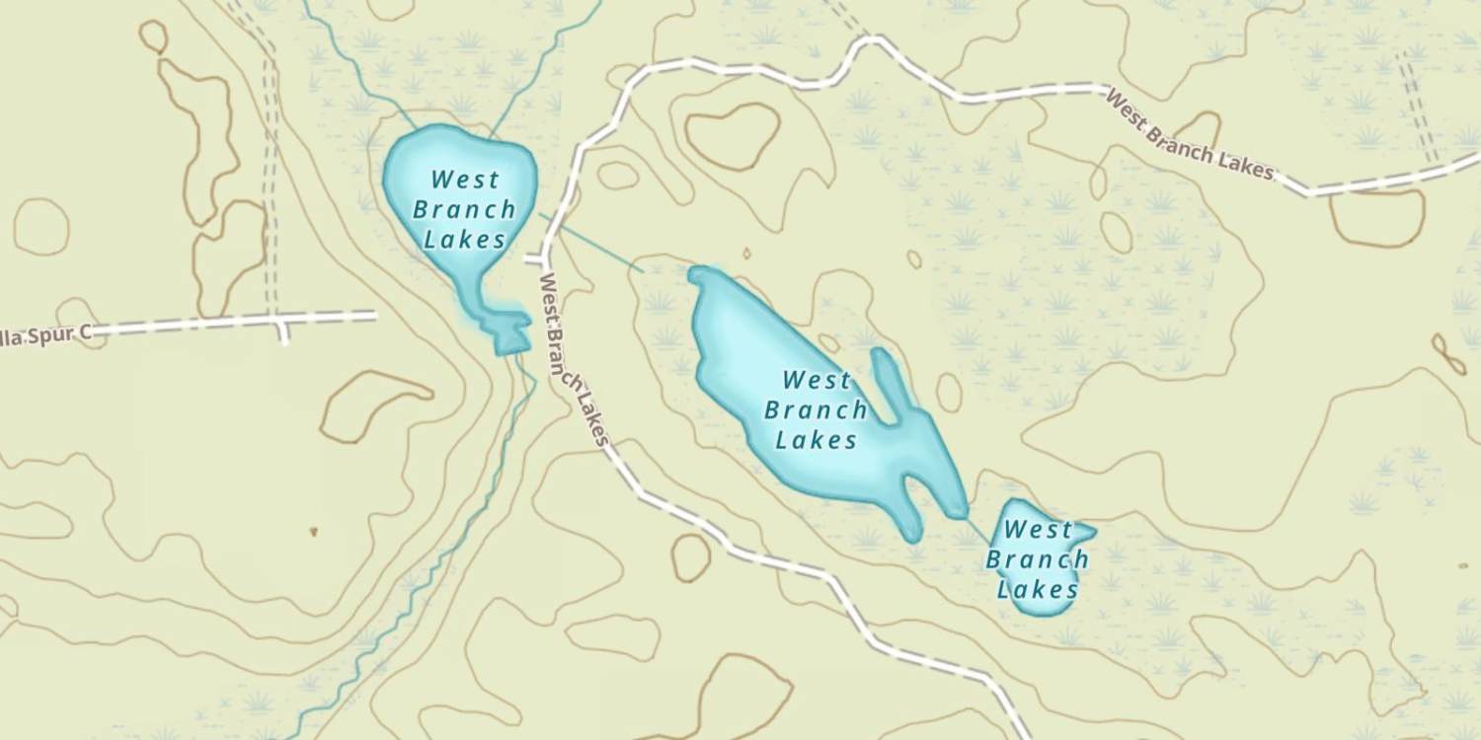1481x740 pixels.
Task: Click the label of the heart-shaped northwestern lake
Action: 463,209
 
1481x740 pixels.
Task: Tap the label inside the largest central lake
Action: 816,409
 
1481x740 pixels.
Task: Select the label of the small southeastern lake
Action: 1037,559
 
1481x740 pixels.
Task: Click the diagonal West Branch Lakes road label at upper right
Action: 1189,134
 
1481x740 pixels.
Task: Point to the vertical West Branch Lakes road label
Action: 571,360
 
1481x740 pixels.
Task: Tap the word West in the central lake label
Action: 816,380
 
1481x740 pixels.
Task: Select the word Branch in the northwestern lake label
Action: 463,209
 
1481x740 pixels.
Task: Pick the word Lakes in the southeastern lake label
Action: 1037,590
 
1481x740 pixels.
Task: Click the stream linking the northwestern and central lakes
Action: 592,242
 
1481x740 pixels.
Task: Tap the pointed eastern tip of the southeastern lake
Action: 1090,531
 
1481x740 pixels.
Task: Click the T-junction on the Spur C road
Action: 281,321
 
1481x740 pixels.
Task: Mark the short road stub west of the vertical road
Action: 534,259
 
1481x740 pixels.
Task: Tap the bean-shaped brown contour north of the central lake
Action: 733,135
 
